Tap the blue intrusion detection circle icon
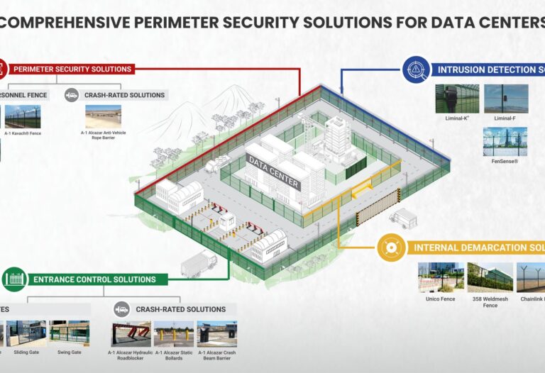click(x=415, y=69)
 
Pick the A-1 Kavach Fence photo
click(x=21, y=116)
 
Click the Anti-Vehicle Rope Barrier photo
click(x=103, y=116)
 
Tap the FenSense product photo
click(x=505, y=141)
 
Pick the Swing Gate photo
click(x=70, y=333)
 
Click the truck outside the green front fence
click(x=199, y=265)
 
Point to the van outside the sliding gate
click(x=403, y=218)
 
